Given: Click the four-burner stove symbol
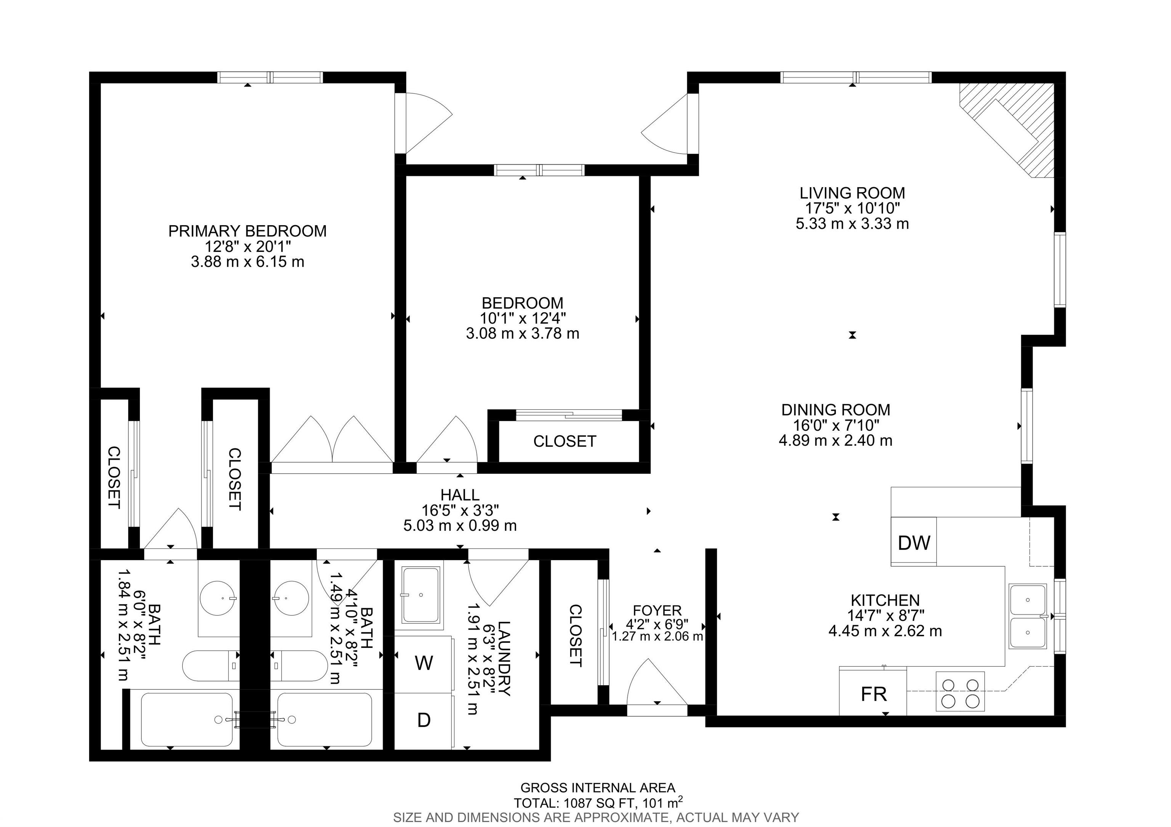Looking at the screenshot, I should [960, 692].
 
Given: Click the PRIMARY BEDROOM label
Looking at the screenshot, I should [247, 231].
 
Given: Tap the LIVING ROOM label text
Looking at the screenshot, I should [852, 193].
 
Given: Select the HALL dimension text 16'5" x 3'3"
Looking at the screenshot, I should [460, 510].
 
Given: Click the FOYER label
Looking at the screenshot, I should [657, 610].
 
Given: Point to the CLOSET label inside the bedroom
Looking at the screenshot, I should [565, 441].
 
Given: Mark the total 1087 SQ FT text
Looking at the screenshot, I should [598, 803].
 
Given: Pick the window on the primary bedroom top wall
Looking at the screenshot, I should [270, 77].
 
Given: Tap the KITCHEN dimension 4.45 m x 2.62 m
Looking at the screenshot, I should [885, 631].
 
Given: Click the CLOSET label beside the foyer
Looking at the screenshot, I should [575, 636].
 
